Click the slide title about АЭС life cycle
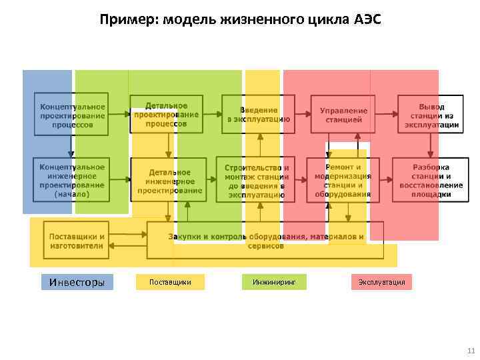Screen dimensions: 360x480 (x=240, y=19)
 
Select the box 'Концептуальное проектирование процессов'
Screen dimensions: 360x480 (x=72, y=115)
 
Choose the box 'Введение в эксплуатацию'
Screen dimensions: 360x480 (x=259, y=115)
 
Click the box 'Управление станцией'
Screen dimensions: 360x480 (x=343, y=115)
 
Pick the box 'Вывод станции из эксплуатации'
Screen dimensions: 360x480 (x=430, y=115)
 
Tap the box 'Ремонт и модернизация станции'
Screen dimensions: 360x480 (x=343, y=181)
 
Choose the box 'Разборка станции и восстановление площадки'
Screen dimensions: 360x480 (x=427, y=180)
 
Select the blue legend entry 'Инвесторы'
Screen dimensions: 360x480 (x=77, y=282)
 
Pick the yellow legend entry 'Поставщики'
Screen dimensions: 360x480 (x=170, y=282)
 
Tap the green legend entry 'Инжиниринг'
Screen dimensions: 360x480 (x=274, y=282)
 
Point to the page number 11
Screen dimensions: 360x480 (x=471, y=351)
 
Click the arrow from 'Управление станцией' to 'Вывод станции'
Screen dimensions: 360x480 (x=387, y=115)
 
